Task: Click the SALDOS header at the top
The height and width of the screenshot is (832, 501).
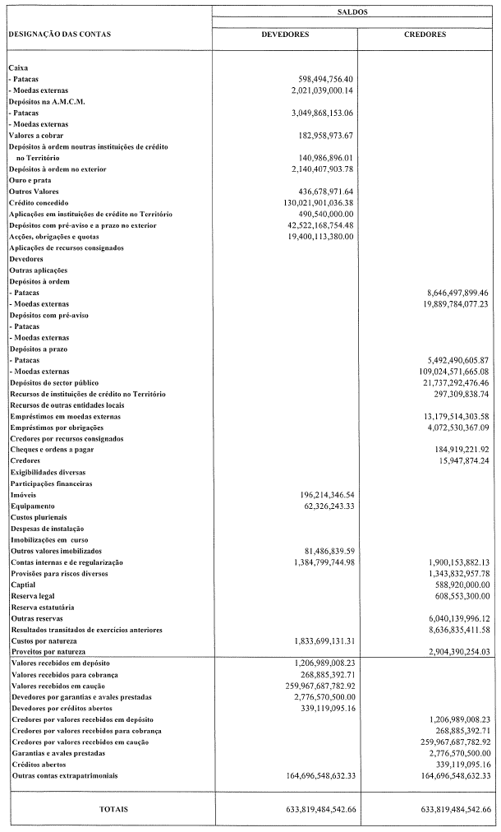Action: click(x=352, y=13)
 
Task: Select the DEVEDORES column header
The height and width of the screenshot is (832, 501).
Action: click(x=284, y=35)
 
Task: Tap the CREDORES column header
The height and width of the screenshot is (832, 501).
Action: click(x=425, y=35)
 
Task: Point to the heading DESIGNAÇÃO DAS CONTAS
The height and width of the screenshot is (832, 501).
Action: click(x=59, y=35)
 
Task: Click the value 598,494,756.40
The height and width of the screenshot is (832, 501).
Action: click(x=326, y=78)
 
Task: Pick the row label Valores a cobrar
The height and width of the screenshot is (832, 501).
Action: click(x=36, y=134)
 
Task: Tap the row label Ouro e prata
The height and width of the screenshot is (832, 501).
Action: click(x=30, y=179)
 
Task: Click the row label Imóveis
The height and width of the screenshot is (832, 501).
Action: click(x=23, y=495)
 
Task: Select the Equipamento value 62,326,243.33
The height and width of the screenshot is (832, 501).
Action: click(x=329, y=506)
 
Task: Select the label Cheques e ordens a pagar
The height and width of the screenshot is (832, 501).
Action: click(x=52, y=450)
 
